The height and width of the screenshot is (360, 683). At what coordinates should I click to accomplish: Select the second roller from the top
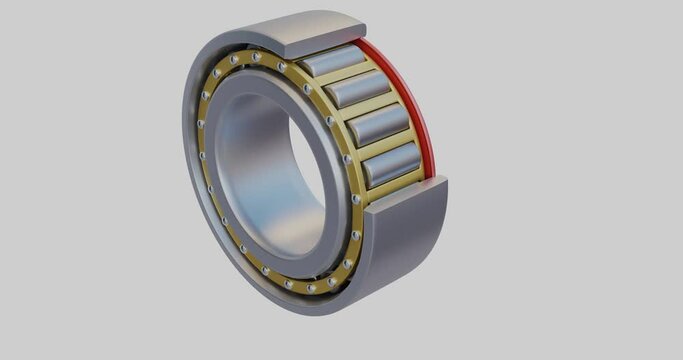coord(357,90)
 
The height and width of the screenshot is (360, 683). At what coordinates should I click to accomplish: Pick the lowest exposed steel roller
coord(390,163)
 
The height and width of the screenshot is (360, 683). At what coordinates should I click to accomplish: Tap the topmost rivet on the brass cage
coord(257,57)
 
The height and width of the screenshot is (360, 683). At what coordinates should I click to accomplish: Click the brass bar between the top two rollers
coord(344,75)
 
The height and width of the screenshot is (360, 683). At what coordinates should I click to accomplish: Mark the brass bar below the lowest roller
coord(395,184)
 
